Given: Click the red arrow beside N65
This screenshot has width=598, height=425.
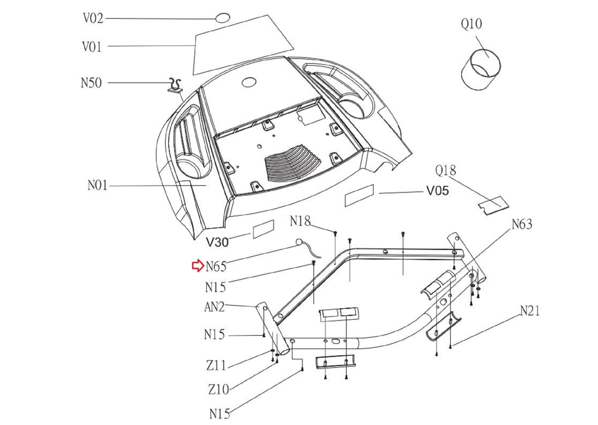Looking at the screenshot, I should pos(198,265).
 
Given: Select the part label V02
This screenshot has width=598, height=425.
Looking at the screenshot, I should pos(93,18).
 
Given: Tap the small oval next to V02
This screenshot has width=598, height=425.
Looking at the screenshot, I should pos(222,18).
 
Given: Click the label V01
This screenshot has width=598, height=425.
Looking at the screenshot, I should pos(92,47).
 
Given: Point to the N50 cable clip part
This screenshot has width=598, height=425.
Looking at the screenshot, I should pos(175,85).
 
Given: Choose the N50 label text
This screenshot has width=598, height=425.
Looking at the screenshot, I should pos(91,83).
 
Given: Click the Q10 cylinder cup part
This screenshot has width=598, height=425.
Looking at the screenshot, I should pos(481,70).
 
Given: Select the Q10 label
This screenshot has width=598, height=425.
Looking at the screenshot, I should pos(471,24).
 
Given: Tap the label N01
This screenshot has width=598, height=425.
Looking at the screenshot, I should pos(98,185).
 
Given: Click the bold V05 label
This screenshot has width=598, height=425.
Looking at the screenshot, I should pos(437,191).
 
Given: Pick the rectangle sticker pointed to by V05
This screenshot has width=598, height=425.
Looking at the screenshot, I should pos(359,195).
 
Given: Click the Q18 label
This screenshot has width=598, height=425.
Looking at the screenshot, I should pos(446,171).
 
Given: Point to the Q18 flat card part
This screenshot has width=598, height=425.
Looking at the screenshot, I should pos(493,205).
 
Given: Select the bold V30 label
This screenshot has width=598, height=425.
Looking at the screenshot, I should pos(217,242).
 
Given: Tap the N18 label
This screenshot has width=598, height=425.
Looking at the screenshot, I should pos(300,221).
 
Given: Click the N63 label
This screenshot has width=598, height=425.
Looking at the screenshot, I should pos(522,224).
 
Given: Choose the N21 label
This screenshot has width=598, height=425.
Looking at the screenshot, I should pos(530,311).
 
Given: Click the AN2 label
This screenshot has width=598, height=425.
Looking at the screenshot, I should pos(214,307).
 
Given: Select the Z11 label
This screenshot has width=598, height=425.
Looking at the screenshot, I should pos(216,365).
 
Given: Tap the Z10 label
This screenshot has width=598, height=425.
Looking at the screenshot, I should pos(218,389).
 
